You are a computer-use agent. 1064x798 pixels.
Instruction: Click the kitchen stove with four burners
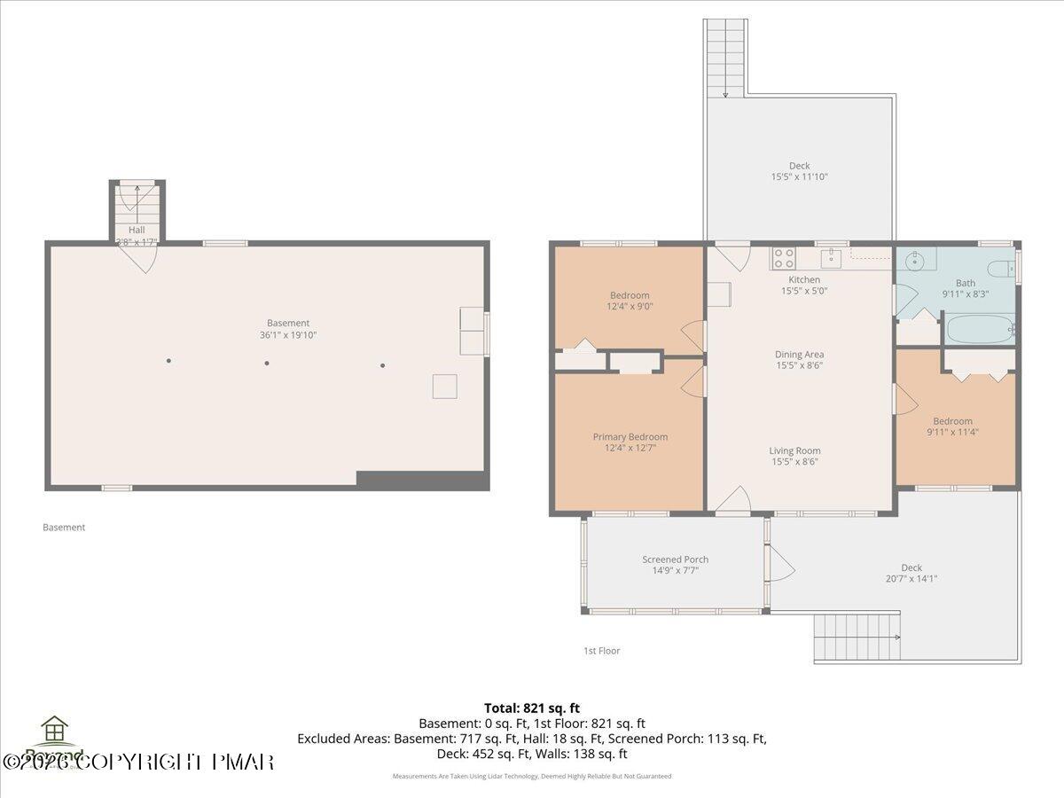[783, 258]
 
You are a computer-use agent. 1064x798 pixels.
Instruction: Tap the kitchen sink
[831, 258]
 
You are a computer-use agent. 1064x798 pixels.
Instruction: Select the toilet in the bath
[1001, 270]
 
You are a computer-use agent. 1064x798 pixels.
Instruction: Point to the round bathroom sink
[914, 263]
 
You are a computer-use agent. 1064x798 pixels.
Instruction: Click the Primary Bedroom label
[630, 437]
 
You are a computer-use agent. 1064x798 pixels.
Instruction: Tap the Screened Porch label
[675, 559]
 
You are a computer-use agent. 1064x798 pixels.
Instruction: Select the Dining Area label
[799, 355]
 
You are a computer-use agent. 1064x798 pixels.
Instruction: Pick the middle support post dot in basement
[266, 362]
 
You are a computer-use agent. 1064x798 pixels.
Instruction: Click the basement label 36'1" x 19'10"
[288, 335]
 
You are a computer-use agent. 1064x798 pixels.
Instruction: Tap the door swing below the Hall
[138, 258]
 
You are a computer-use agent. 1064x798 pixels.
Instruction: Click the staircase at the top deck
[725, 58]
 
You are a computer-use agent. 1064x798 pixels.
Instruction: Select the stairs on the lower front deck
[856, 638]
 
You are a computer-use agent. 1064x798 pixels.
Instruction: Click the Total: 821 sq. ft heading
[532, 708]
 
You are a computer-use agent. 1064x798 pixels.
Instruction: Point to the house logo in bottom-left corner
[55, 731]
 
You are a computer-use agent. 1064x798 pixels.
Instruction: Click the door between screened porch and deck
[777, 562]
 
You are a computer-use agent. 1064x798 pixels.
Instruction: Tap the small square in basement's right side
[444, 387]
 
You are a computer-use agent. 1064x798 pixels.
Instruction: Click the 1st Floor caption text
[601, 651]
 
